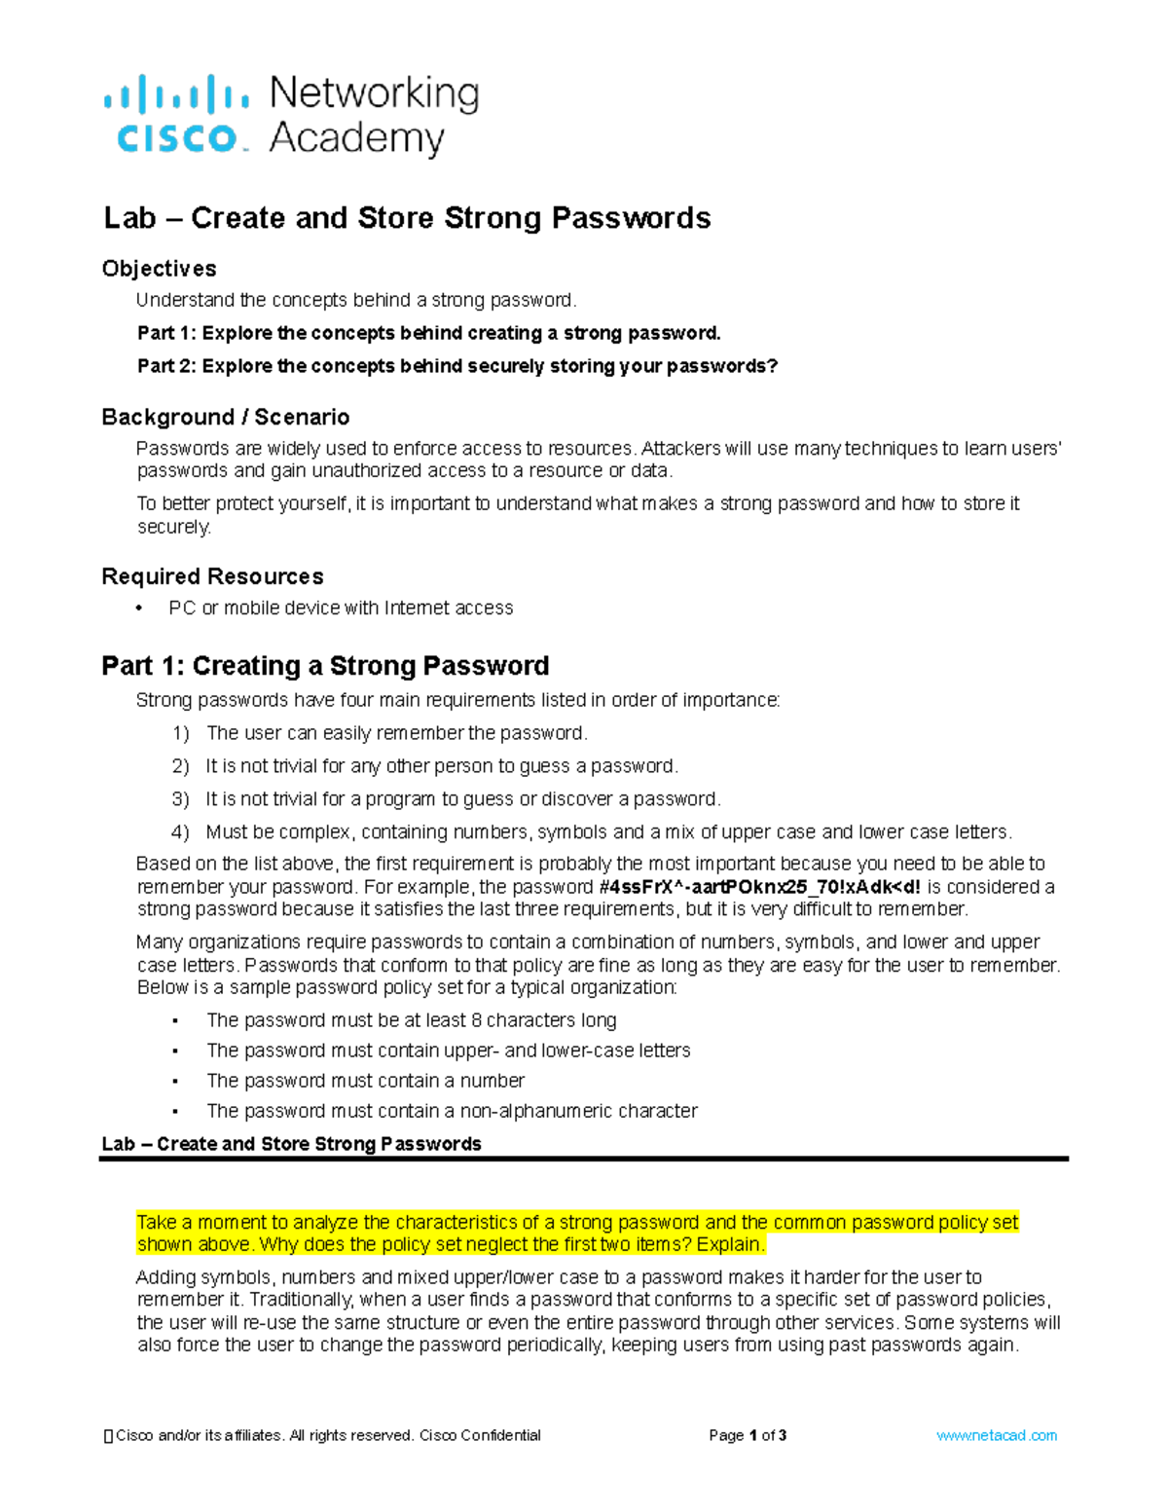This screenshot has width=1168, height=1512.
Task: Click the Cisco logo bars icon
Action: point(175,95)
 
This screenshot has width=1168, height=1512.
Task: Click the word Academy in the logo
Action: point(356,138)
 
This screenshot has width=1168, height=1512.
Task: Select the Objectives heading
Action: point(159,269)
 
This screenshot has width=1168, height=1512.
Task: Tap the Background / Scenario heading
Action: point(225,418)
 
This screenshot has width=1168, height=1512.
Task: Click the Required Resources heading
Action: point(212,576)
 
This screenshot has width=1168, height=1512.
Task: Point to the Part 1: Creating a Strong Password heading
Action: point(325,666)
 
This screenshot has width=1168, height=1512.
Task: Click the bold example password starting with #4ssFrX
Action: point(759,887)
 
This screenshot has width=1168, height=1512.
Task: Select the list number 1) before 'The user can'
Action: point(180,733)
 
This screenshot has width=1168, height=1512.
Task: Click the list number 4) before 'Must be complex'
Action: point(180,832)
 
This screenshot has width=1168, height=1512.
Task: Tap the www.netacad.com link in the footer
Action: point(996,1435)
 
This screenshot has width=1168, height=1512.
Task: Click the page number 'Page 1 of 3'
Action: point(748,1435)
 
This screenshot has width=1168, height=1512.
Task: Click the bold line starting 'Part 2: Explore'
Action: point(457,366)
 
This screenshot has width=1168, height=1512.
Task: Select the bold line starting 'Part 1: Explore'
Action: point(428,333)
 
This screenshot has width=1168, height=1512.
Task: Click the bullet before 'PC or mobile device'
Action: point(140,608)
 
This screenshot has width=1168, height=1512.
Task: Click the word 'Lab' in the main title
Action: point(129,218)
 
